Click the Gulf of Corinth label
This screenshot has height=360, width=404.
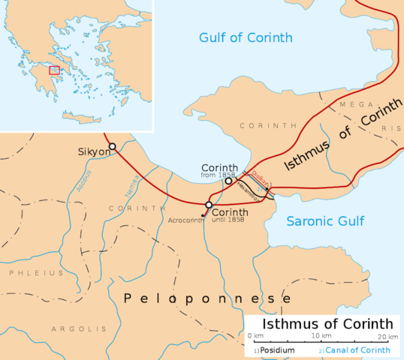click(x=246, y=37)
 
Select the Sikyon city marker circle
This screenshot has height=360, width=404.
click(x=112, y=146)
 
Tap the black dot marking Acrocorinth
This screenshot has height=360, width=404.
click(x=204, y=214)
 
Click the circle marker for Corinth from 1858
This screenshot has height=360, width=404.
click(x=228, y=181)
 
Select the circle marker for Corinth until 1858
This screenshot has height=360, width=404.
click(x=209, y=205)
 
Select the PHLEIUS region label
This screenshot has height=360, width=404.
click(x=36, y=273)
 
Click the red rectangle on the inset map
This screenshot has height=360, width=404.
click(x=54, y=70)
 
